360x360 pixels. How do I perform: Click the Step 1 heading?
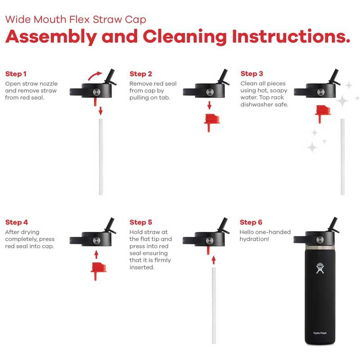click(x=16, y=74)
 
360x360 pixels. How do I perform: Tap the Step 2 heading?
click(x=141, y=74)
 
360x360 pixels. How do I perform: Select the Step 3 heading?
click(x=252, y=74)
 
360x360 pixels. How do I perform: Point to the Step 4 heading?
click(x=17, y=222)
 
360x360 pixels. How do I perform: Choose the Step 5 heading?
click(x=141, y=222)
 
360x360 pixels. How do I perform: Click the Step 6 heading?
click(x=251, y=222)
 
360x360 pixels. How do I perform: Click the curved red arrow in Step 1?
click(x=94, y=75)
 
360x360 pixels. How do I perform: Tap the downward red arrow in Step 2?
click(x=209, y=105)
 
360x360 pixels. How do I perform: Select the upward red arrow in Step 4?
click(x=96, y=255)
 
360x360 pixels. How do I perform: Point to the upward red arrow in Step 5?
click(x=214, y=260)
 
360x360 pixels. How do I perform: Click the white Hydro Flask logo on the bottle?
click(x=320, y=268)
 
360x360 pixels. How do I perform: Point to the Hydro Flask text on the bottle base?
click(x=320, y=333)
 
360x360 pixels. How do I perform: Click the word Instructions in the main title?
click(x=291, y=37)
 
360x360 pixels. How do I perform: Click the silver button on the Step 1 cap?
click(x=96, y=92)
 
